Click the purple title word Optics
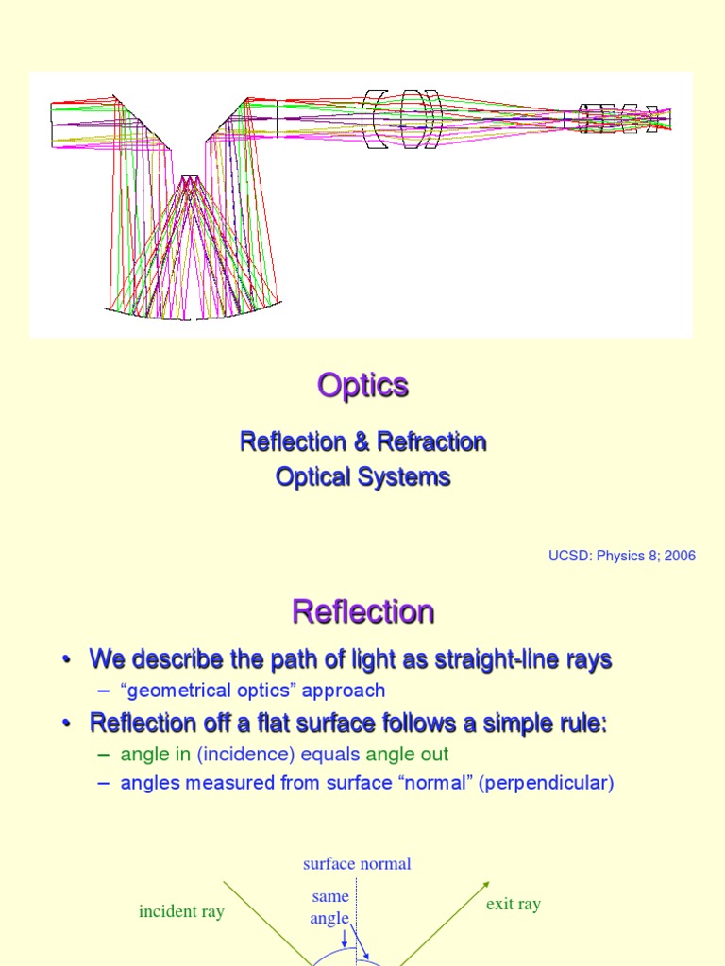click(362, 386)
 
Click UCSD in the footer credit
click(568, 556)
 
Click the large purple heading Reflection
click(362, 612)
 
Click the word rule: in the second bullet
click(578, 724)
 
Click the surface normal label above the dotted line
click(357, 864)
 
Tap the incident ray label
click(181, 911)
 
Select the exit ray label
click(514, 904)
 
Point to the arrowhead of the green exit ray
click(486, 885)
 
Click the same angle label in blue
click(329, 907)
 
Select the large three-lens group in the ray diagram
click(402, 120)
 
